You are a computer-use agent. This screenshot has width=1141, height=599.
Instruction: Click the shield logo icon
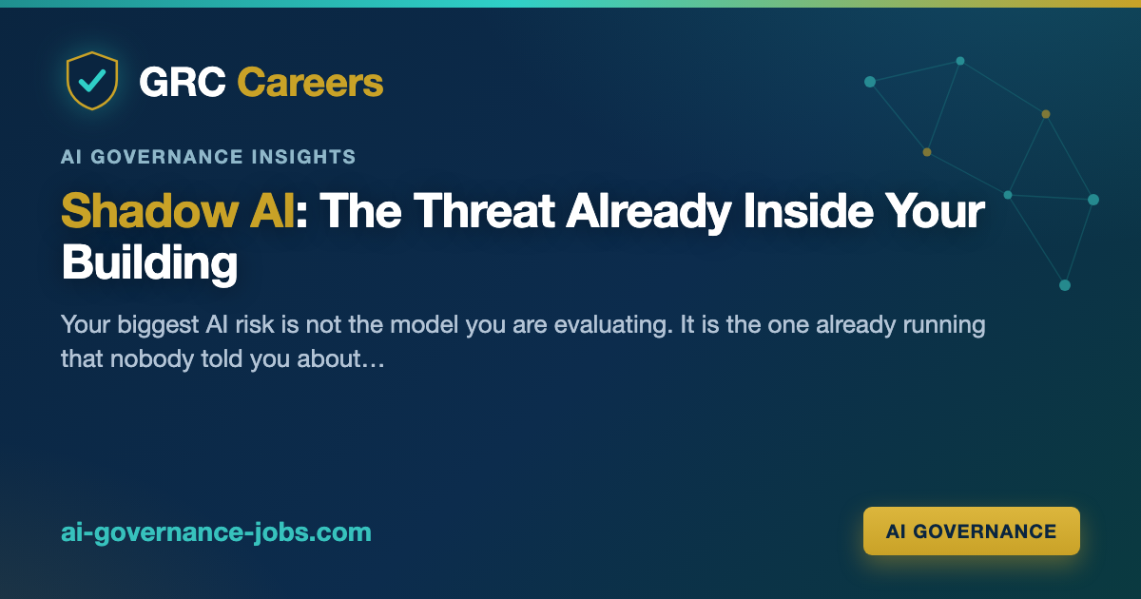pyautogui.click(x=92, y=81)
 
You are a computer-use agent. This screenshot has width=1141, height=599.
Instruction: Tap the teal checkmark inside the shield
pyautogui.click(x=92, y=81)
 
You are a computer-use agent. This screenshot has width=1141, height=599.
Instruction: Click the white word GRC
pyautogui.click(x=183, y=82)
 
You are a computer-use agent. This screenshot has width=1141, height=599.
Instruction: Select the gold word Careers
pyautogui.click(x=310, y=82)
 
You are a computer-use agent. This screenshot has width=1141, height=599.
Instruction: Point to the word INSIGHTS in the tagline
pyautogui.click(x=303, y=157)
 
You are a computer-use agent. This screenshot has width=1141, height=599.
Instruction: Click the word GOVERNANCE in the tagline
pyautogui.click(x=166, y=157)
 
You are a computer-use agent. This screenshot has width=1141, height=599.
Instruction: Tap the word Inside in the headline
pyautogui.click(x=808, y=211)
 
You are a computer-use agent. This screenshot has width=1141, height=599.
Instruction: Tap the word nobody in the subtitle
pyautogui.click(x=152, y=359)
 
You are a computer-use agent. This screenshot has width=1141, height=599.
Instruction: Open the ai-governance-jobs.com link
pyautogui.click(x=216, y=532)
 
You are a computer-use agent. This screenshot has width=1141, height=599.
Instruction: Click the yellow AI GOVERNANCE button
pyautogui.click(x=972, y=531)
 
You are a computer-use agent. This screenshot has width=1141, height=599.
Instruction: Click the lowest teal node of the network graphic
pyautogui.click(x=1065, y=285)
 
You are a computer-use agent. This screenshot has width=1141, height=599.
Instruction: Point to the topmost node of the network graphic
pyautogui.click(x=960, y=61)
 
